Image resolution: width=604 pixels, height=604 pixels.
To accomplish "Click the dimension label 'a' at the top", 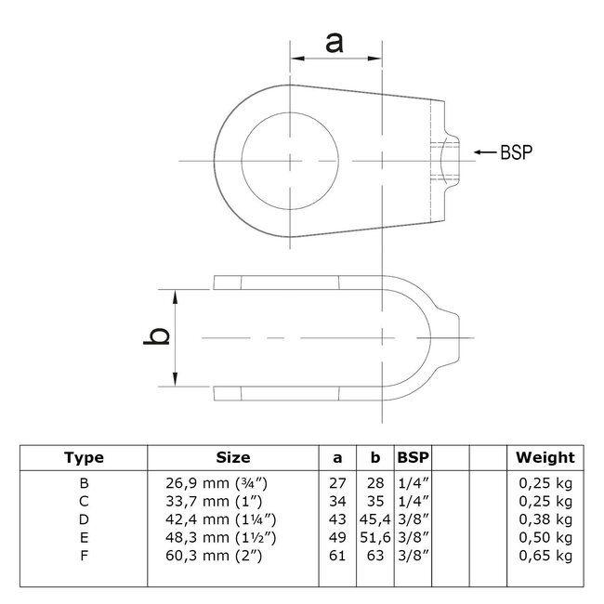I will pos(336,41).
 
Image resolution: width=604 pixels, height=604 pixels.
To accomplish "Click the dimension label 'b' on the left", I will pos(159,336).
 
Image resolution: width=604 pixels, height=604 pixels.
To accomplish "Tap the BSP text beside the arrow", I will pos(517,151).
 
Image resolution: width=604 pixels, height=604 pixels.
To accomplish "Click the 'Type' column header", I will pos(84,457).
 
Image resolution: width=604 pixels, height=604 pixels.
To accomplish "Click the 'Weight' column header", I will pos(545,457).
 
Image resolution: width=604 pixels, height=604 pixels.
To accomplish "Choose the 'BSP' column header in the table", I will pos(413,457).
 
